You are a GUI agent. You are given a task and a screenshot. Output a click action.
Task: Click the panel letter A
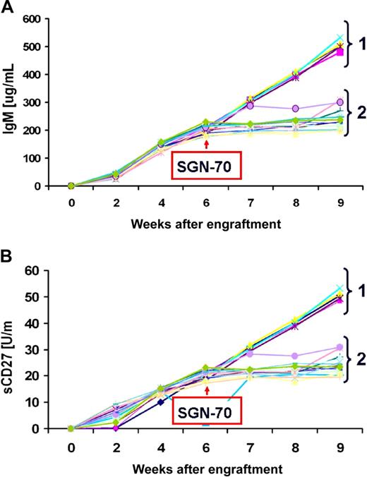[8, 7]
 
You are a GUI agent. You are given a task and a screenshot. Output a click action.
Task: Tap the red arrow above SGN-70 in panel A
[206, 144]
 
